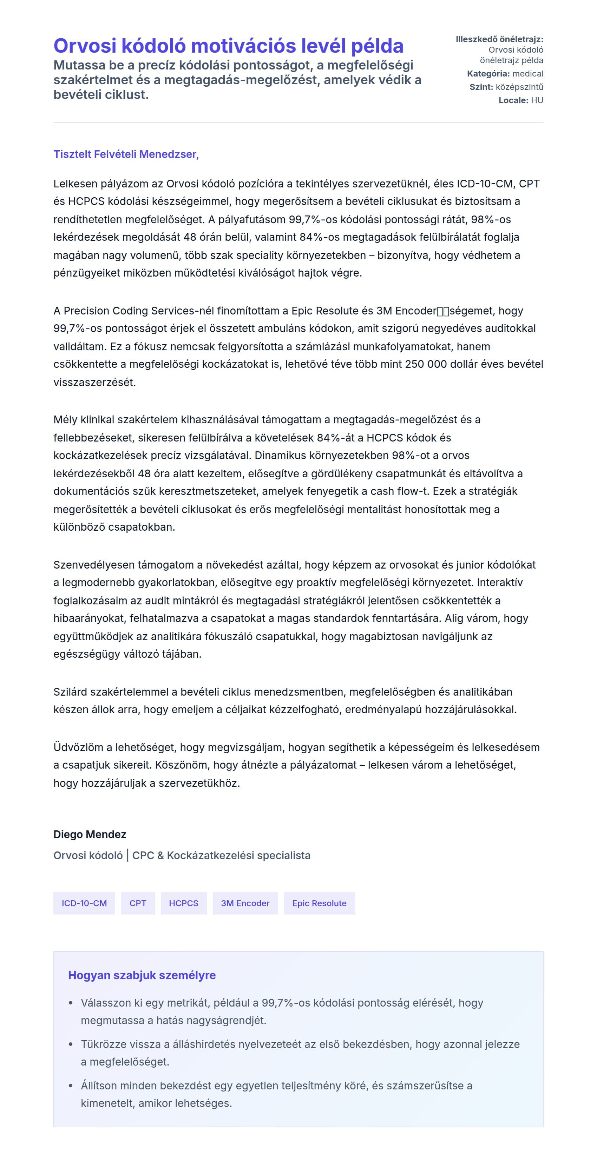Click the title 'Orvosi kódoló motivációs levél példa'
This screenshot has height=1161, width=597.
228,46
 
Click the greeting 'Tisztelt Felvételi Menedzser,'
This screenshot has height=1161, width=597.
126,154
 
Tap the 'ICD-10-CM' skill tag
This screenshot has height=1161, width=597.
84,903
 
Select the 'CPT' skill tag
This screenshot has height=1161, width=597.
138,903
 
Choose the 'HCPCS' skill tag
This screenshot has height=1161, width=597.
184,903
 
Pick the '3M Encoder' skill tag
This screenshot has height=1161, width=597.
245,903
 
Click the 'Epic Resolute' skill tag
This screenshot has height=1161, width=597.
319,903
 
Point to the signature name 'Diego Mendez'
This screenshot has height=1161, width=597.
90,834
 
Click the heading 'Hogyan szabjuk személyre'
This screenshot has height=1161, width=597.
142,975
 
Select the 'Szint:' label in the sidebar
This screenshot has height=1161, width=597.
481,87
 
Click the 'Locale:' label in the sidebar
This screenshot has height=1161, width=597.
513,100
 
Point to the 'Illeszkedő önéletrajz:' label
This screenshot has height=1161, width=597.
499,39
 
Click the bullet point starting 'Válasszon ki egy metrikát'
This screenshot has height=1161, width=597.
282,1011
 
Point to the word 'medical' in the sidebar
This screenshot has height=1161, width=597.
527,73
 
